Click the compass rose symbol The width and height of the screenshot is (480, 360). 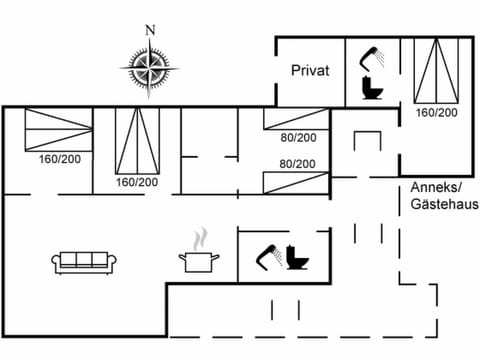pos(151,68)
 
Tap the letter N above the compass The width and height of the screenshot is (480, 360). pos(151,29)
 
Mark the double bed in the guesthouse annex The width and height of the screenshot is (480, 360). pos(436,72)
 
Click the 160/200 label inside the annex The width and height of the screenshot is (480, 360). pos(436,113)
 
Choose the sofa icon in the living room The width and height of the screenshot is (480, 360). pos(85,262)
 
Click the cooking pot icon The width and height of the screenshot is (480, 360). pos(198,261)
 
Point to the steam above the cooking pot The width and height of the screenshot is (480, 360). pos(200,239)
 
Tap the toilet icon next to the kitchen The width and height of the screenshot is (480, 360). pos(297,258)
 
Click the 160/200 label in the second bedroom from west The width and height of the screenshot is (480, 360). pos(137,182)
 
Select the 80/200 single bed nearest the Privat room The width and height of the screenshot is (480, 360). pos(296,119)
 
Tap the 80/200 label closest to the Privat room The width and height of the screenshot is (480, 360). pos(297,138)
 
